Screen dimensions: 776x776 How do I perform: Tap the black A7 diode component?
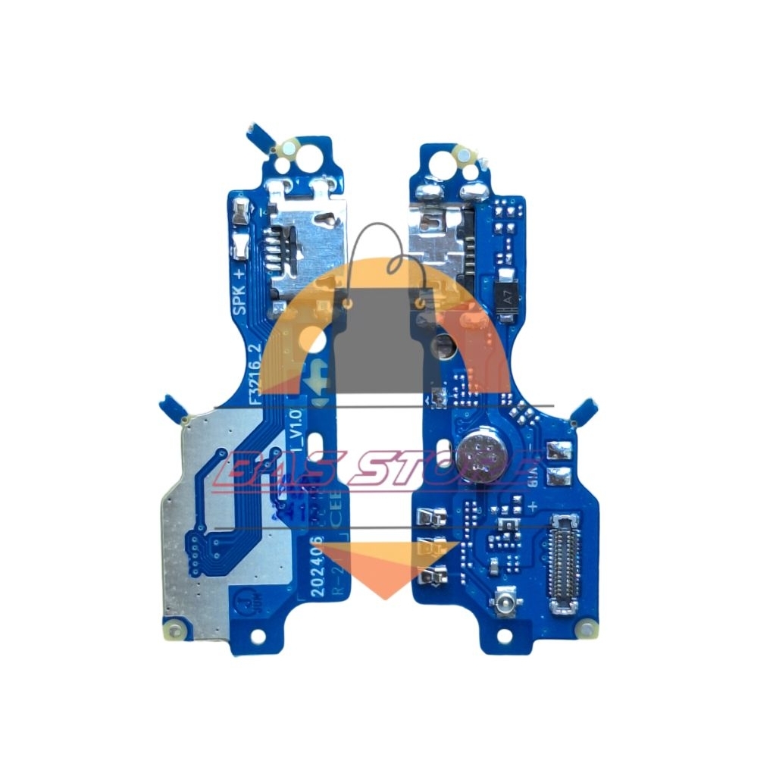[508, 298]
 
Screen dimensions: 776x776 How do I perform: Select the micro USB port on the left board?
[303, 235]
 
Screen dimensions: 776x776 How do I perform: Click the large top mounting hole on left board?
[308, 158]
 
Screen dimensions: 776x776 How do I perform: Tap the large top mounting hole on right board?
[439, 158]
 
